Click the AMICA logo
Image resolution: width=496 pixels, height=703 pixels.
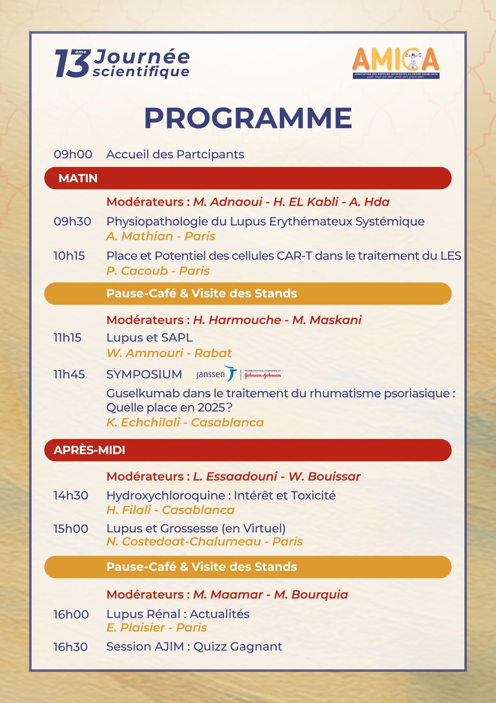(x=396, y=63)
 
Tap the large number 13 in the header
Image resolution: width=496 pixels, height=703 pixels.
(x=72, y=64)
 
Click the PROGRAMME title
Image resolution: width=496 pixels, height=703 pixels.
(x=248, y=118)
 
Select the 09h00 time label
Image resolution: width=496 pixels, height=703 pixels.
(x=73, y=154)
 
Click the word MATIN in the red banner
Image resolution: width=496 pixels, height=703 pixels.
(x=78, y=178)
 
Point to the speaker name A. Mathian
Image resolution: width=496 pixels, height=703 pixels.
(x=140, y=236)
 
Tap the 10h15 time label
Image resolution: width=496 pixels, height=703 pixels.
(x=69, y=256)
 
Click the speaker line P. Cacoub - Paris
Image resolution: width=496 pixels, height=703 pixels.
(x=158, y=271)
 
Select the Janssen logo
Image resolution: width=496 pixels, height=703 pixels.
(x=216, y=374)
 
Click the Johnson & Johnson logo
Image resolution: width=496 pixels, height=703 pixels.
(x=262, y=374)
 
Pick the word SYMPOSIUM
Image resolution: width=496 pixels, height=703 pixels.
(x=144, y=374)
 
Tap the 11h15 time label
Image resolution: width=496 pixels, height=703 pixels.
(x=68, y=337)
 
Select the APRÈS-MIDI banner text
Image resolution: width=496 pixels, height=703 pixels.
(x=89, y=450)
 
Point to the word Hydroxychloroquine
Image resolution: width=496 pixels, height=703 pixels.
(x=165, y=496)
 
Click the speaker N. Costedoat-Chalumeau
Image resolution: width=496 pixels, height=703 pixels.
(x=184, y=541)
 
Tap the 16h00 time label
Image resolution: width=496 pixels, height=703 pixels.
(x=71, y=615)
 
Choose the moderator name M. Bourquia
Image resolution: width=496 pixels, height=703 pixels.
(x=311, y=594)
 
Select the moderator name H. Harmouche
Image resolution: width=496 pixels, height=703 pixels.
(x=237, y=320)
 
